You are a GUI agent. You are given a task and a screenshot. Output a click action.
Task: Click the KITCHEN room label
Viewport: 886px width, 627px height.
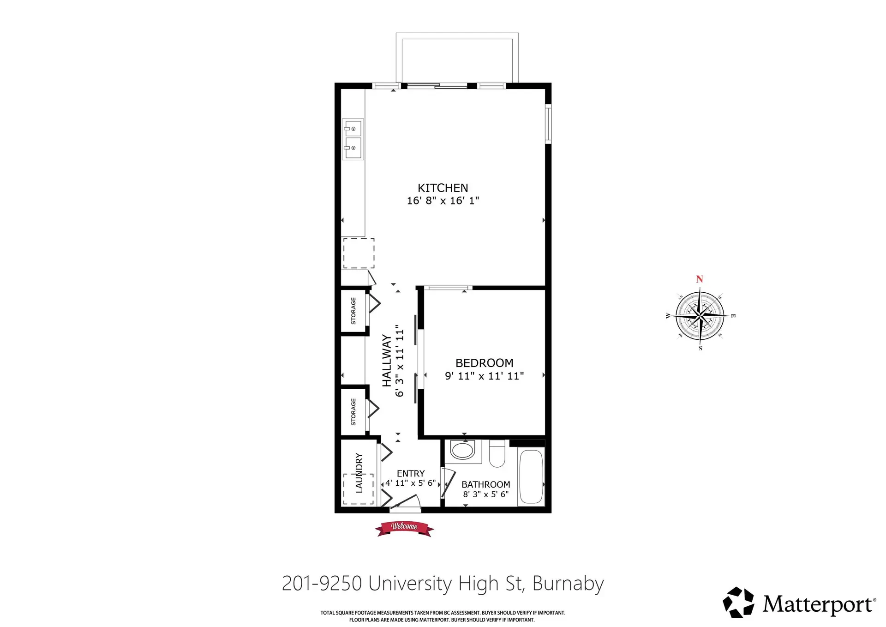coord(443,188)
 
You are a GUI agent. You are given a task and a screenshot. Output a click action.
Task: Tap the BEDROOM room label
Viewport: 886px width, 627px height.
coord(484,363)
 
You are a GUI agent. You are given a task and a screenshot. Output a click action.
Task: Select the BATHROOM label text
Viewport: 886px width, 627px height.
coord(485,484)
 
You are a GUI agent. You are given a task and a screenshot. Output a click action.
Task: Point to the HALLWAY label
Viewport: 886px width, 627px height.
coord(387,361)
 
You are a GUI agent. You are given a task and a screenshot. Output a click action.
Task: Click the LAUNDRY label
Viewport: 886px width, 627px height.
coord(359,473)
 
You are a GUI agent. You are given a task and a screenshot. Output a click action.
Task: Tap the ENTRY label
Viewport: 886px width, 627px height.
coord(410,473)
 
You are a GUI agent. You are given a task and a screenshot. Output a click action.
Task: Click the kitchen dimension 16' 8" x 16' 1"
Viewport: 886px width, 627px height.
coord(443,201)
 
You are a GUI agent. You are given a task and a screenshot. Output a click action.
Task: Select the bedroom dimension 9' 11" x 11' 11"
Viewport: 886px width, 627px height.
coord(484,376)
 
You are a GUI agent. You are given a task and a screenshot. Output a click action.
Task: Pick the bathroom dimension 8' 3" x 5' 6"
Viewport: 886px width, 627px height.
coord(485,494)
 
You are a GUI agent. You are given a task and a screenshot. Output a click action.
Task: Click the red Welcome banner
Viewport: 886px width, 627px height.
coord(404,527)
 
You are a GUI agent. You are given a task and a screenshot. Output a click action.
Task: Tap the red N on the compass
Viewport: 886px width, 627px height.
coord(700,279)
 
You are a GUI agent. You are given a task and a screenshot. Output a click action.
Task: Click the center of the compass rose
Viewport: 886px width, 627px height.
coord(700,316)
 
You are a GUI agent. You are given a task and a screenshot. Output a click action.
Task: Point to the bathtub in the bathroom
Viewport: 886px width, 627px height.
coord(531,476)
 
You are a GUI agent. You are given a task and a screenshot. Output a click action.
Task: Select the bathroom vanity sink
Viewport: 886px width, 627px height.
coord(462,450)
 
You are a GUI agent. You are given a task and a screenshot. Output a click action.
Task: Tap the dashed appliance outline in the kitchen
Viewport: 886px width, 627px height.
coord(359,253)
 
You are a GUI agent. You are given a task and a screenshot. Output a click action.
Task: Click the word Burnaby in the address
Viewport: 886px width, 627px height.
coord(568,584)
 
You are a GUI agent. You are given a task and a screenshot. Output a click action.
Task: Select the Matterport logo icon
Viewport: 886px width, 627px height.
coord(738,602)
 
